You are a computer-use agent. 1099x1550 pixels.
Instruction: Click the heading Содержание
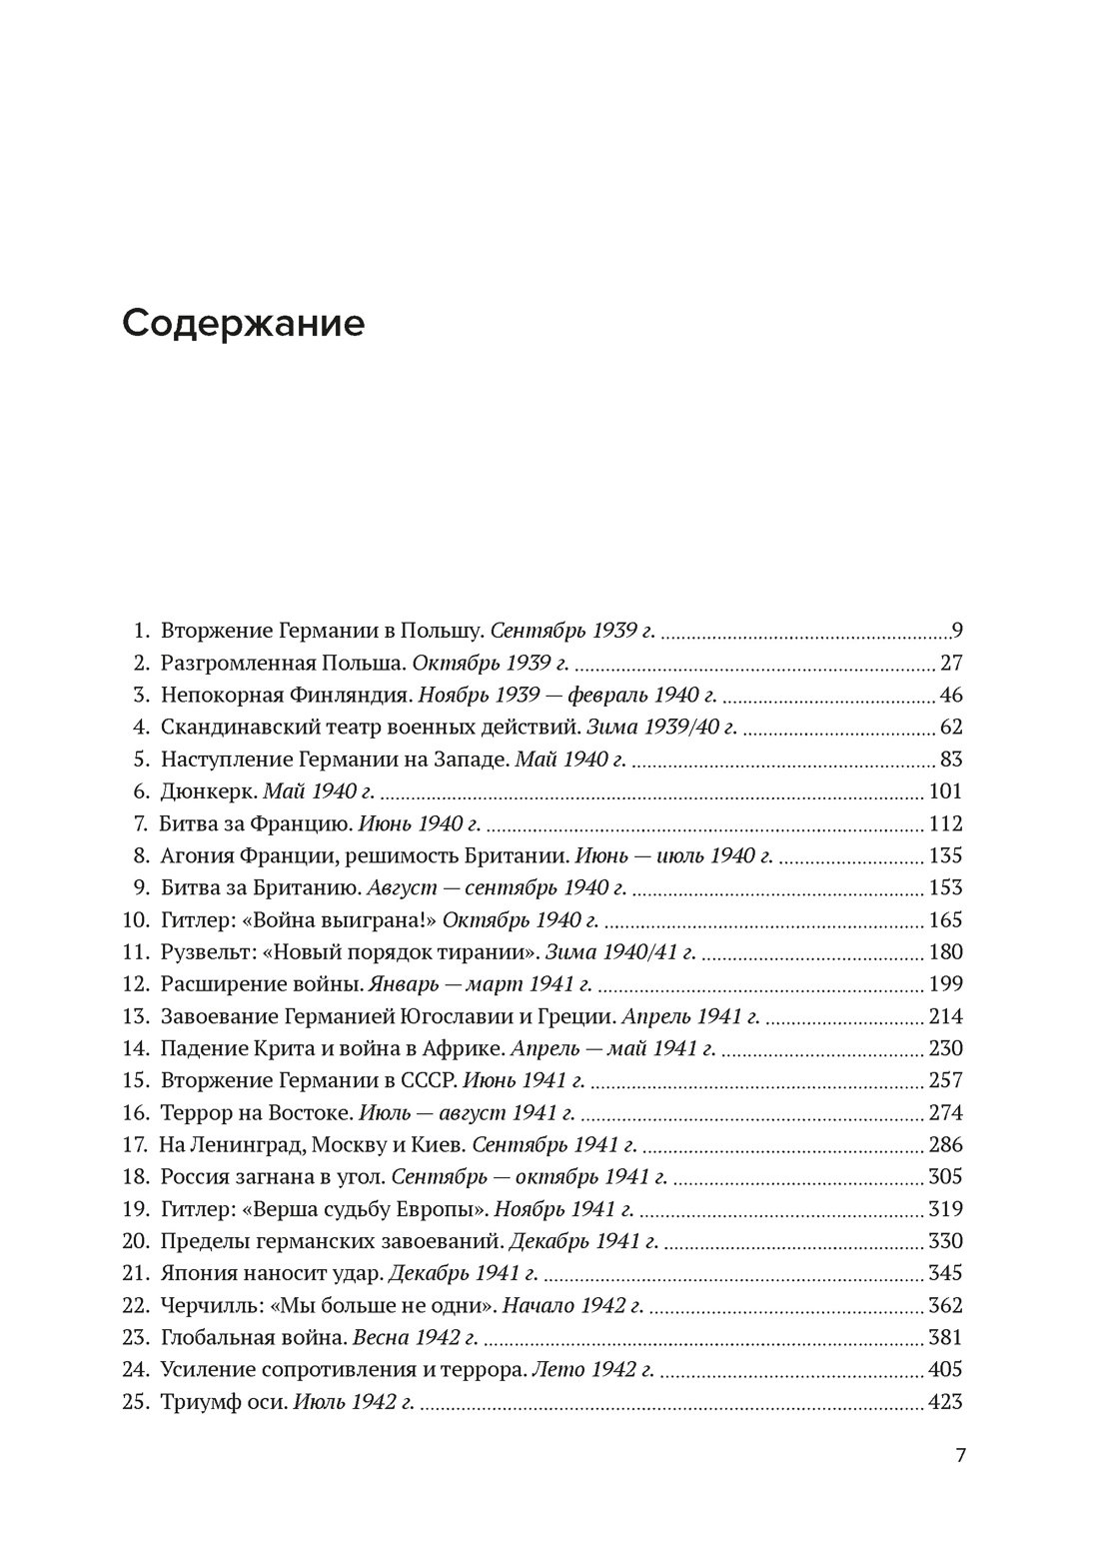(243, 324)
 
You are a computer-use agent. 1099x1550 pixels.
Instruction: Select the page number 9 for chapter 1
(956, 631)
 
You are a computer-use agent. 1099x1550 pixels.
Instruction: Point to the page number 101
(944, 792)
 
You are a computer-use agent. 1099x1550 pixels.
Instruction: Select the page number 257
(944, 1080)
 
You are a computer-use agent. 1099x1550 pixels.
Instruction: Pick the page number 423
(944, 1402)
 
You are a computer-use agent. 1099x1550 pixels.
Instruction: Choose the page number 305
(944, 1177)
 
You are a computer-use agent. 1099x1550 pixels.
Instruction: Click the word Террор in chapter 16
(193, 1113)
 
